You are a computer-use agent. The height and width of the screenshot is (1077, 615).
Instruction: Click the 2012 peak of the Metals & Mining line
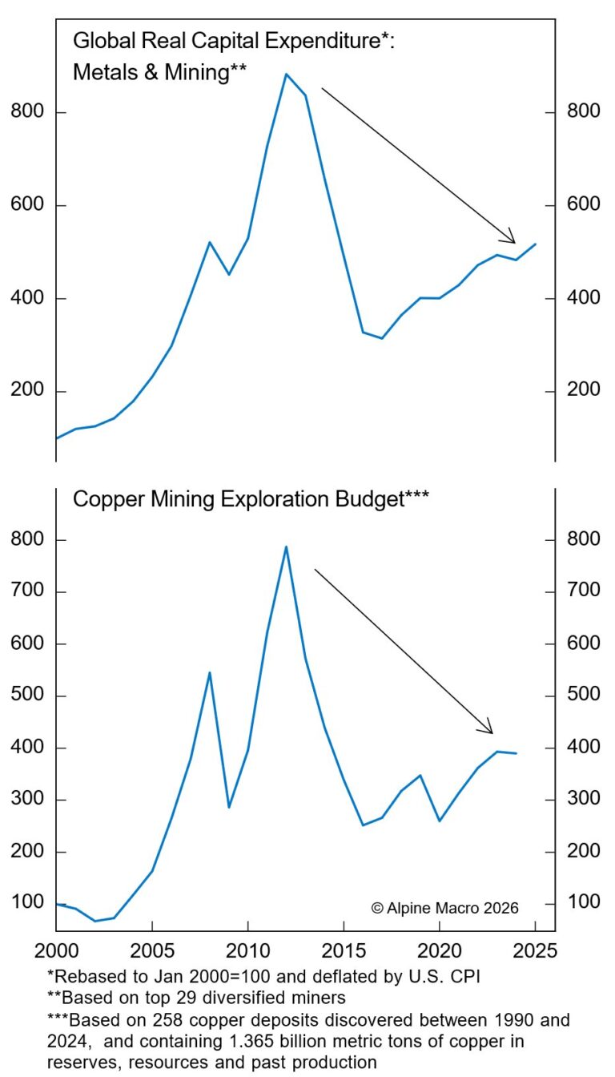coord(286,74)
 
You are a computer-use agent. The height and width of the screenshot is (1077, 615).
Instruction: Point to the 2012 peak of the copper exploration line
coord(286,547)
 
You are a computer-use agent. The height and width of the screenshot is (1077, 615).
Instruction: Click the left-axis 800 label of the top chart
coord(27,111)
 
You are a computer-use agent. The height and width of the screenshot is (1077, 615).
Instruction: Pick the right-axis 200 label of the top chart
coord(584,391)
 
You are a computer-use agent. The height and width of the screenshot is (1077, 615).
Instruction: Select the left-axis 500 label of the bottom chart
coord(27,696)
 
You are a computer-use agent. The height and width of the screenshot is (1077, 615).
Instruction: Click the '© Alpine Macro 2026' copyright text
coord(444,908)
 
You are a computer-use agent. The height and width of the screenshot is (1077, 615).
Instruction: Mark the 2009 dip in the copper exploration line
coord(229,807)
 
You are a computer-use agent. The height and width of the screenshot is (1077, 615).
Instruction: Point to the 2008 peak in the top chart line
coord(210,242)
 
